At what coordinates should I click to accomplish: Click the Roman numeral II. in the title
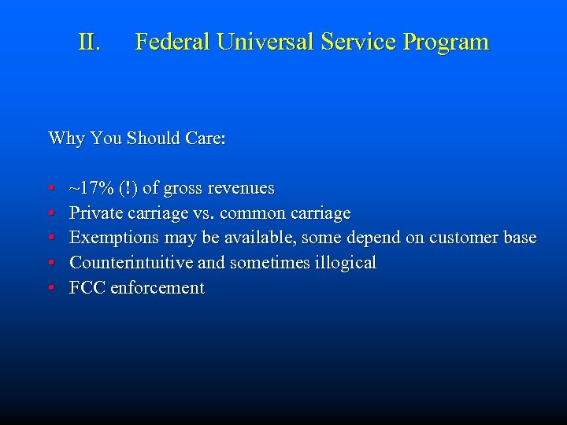[x=90, y=42]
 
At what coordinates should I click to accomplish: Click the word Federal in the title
[x=171, y=42]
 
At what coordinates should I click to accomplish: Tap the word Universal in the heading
[x=264, y=42]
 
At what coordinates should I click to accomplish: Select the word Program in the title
[x=446, y=42]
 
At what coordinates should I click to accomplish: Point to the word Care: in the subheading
[x=206, y=139]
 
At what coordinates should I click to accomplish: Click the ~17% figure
[x=93, y=188]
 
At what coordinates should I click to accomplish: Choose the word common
[x=251, y=213]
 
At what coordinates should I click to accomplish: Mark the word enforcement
[x=157, y=288]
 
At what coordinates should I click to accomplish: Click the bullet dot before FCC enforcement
[x=51, y=288]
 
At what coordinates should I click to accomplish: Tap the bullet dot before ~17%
[x=51, y=189]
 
